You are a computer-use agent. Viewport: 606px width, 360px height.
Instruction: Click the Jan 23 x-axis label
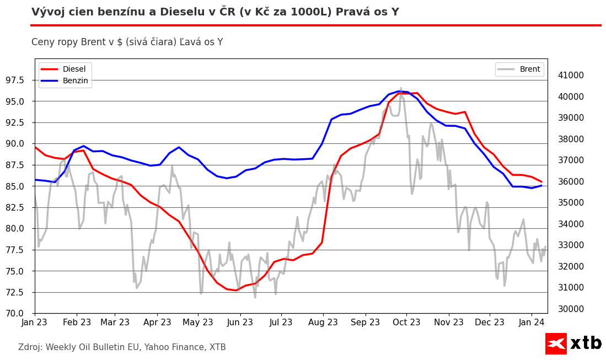34,322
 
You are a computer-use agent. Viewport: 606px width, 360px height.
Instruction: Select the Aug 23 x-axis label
323,322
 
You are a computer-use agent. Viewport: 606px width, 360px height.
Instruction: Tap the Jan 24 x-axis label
532,322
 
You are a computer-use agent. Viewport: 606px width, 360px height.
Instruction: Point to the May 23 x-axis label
198,322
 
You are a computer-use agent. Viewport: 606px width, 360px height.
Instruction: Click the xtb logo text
586,343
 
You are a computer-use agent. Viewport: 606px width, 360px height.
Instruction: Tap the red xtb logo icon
556,343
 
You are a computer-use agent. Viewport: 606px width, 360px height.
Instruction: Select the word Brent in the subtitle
90,42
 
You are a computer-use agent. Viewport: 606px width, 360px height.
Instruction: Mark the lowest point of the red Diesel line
236,290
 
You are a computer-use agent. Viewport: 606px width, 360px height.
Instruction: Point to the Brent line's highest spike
401,88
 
